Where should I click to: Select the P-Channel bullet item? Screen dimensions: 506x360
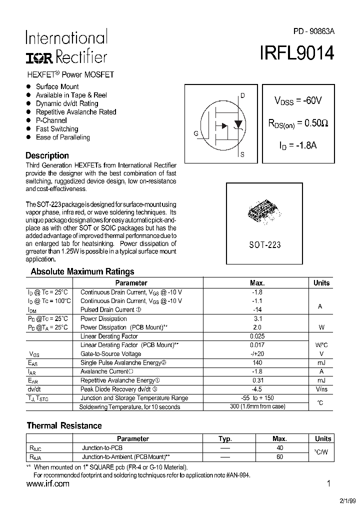pyautogui.click(x=51, y=120)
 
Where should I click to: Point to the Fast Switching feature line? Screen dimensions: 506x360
pyautogui.click(x=56, y=129)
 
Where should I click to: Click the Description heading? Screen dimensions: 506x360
pyautogui.click(x=47, y=155)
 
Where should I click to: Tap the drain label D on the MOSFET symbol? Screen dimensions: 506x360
pyautogui.click(x=242, y=95)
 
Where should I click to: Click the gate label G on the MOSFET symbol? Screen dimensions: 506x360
pyautogui.click(x=196, y=133)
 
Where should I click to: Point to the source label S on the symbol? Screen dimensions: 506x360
pyautogui.click(x=242, y=155)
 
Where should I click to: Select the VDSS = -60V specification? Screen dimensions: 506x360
pyautogui.click(x=297, y=100)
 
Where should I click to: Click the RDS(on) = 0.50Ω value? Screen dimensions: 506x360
pyautogui.click(x=298, y=123)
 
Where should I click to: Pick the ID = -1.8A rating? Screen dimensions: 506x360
pyautogui.click(x=298, y=145)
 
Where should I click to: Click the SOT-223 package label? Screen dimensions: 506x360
pyautogui.click(x=264, y=245)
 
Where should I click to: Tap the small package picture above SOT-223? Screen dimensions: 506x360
pyautogui.click(x=263, y=213)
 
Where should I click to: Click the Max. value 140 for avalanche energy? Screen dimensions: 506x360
pyautogui.click(x=257, y=363)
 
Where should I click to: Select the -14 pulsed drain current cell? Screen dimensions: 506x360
pyautogui.click(x=257, y=309)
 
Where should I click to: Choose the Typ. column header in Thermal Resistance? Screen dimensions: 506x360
pyautogui.click(x=225, y=438)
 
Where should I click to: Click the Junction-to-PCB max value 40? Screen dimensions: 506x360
pyautogui.click(x=279, y=448)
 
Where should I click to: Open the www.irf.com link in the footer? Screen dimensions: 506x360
pyautogui.click(x=47, y=484)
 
